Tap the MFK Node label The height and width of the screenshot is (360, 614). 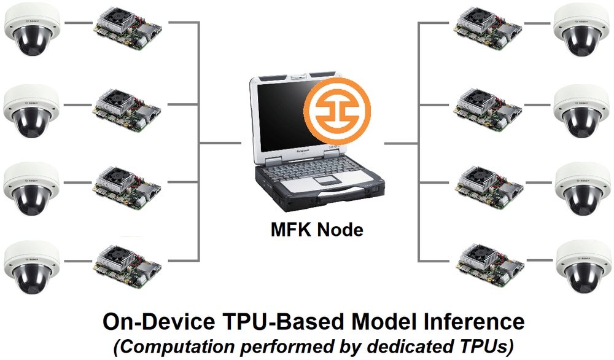[317, 229]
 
